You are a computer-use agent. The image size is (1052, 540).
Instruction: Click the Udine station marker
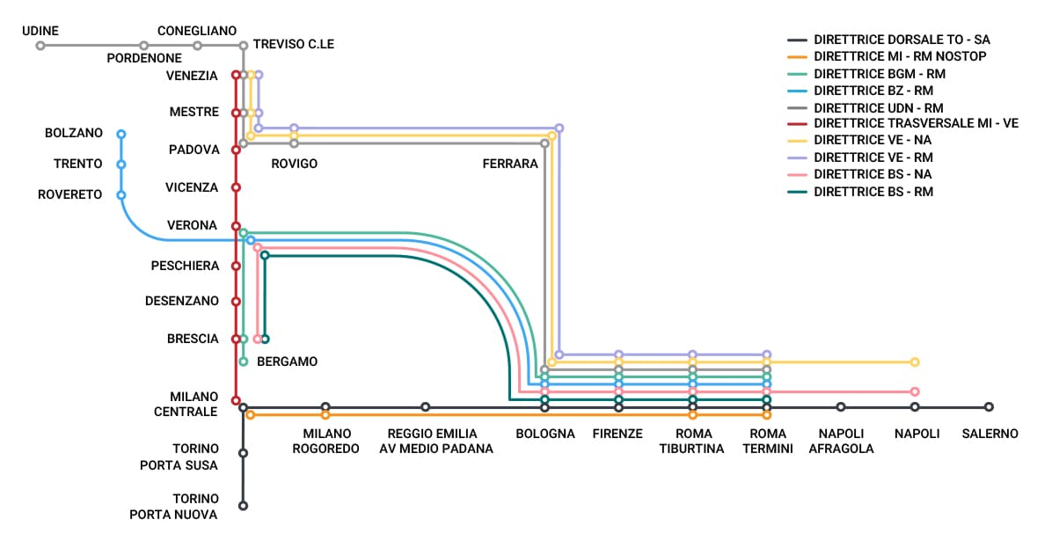point(40,46)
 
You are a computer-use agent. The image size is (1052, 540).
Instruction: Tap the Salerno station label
point(990,434)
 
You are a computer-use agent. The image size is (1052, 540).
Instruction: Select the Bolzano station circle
point(121,135)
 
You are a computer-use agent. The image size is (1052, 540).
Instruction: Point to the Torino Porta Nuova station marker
point(243,506)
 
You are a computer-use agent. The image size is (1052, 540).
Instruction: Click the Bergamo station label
point(287,361)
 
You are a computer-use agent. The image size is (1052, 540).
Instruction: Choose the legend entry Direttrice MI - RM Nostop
point(900,56)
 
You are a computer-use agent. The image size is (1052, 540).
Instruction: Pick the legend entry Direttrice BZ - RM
point(873,91)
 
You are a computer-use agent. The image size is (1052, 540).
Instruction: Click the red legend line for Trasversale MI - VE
point(798,124)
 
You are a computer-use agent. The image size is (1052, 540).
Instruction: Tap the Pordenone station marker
point(143,46)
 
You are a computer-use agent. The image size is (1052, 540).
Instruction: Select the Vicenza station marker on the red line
point(236,187)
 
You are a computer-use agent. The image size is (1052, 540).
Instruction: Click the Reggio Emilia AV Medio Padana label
point(432,441)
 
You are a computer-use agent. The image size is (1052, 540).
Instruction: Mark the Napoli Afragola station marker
point(841,407)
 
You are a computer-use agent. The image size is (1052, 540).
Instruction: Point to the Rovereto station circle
point(121,195)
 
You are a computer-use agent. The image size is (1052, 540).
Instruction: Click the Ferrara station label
point(509,164)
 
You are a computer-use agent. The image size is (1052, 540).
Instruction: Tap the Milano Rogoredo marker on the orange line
point(325,414)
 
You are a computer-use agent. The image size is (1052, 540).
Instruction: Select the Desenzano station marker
point(236,301)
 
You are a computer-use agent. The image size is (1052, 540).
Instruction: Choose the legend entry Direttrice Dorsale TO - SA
point(902,40)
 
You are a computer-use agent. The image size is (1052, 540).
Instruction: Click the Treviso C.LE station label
point(293,44)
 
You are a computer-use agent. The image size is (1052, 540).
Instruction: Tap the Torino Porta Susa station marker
point(243,454)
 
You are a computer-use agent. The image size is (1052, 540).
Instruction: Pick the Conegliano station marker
point(198,46)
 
